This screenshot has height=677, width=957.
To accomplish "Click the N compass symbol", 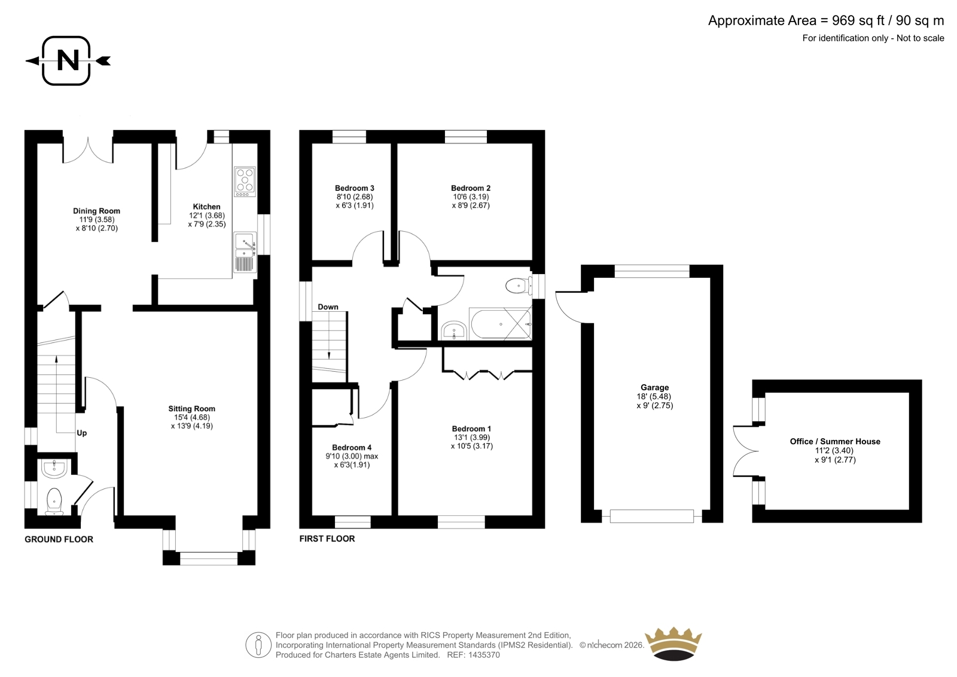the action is click(x=68, y=60).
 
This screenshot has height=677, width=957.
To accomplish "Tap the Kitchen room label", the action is click(x=207, y=207).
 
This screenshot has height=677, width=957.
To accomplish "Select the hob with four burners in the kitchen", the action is click(x=245, y=182).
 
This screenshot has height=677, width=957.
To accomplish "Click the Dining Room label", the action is click(x=96, y=211).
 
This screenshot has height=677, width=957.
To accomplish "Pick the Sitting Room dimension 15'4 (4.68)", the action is click(x=191, y=417).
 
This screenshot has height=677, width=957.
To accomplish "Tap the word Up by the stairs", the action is click(x=81, y=433).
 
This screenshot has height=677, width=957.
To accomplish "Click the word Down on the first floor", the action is click(x=328, y=307).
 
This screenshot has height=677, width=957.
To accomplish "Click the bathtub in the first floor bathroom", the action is click(x=500, y=324).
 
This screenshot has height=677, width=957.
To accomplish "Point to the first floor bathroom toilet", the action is click(x=518, y=286).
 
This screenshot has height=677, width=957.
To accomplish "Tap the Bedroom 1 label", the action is click(x=472, y=429).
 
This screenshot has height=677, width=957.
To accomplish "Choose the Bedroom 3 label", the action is click(x=355, y=188).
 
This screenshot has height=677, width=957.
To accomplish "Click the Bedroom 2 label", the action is click(x=471, y=188).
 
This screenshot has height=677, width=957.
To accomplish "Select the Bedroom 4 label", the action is click(x=352, y=448).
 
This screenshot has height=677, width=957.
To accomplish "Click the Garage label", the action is click(x=654, y=387).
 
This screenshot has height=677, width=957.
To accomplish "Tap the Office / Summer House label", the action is click(x=835, y=441).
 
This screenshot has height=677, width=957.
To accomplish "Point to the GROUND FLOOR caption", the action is click(x=59, y=539).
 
